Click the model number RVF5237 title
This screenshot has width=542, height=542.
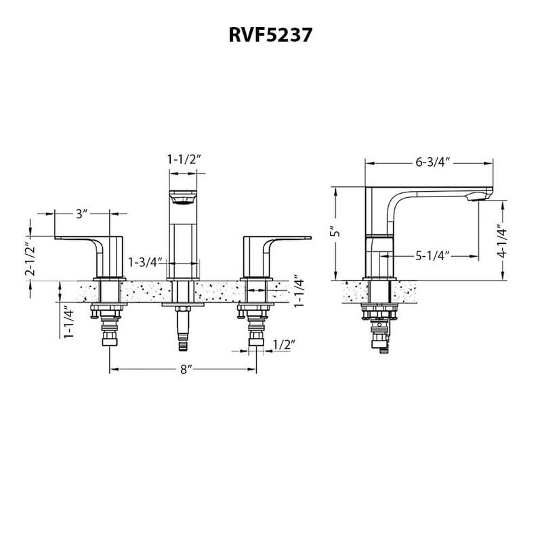[270, 35]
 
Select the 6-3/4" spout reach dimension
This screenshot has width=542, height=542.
[434, 163]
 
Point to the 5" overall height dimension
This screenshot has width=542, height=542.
[333, 232]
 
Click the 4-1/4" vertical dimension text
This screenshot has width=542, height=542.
[501, 242]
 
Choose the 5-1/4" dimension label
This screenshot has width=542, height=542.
[434, 255]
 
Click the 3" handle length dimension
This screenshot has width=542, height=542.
[82, 214]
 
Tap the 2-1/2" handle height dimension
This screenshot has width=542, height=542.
[29, 259]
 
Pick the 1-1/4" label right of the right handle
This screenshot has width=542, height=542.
[299, 291]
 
